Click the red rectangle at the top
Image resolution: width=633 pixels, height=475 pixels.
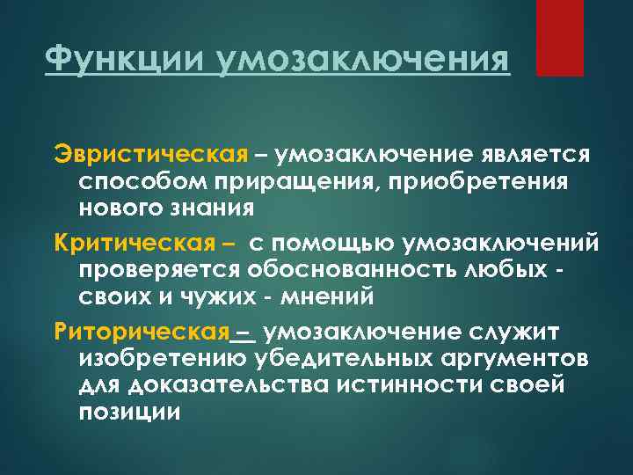[x=559, y=38]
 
